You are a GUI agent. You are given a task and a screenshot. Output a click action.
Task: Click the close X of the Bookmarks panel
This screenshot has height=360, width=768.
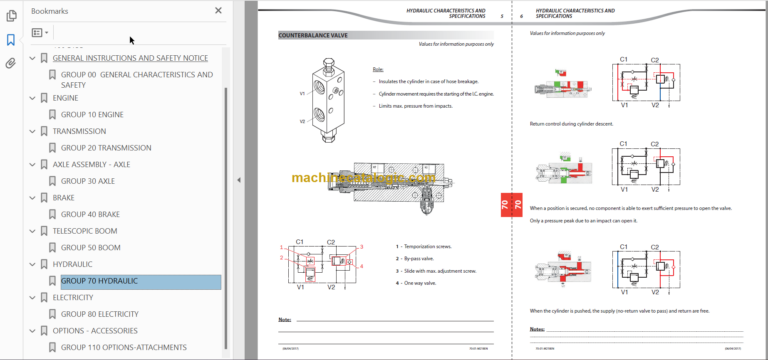[x=219, y=11]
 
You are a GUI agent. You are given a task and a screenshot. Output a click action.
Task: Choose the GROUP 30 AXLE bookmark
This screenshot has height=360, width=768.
[x=88, y=181]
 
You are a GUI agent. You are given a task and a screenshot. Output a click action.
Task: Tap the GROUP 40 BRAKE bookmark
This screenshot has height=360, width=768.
[x=91, y=214]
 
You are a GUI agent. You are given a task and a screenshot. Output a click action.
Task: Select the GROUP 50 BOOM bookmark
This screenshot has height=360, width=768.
[x=91, y=247]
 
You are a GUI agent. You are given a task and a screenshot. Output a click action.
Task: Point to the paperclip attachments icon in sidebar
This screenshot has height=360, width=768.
[x=11, y=63]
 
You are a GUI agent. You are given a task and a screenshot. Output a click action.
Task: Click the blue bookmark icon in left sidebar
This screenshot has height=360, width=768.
[x=11, y=40]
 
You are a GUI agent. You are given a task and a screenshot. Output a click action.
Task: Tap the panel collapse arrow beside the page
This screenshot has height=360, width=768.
[x=238, y=180]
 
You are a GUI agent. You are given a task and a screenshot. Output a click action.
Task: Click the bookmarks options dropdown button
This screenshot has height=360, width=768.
[x=40, y=33]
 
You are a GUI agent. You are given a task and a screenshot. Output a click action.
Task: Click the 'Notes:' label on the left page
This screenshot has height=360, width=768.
[x=285, y=320]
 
